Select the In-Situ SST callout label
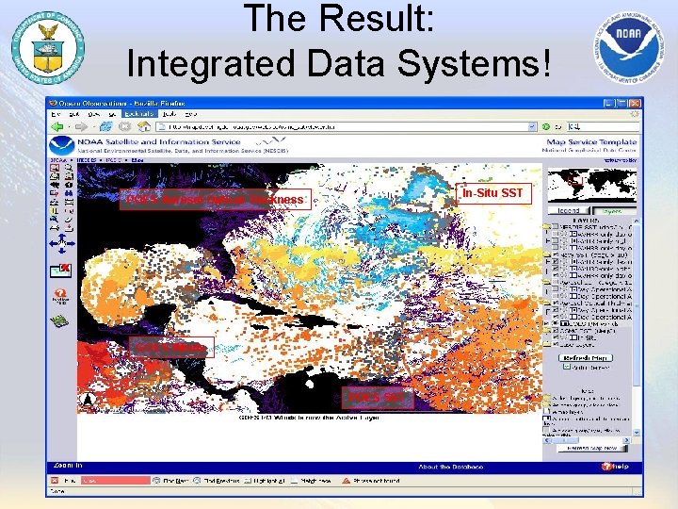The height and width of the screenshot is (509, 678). click(x=491, y=193)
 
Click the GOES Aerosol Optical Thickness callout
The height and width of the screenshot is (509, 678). click(x=216, y=199)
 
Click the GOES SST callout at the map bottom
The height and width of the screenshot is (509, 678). click(x=375, y=398)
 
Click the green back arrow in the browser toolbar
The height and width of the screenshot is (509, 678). click(x=58, y=126)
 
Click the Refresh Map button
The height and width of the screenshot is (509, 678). click(x=585, y=357)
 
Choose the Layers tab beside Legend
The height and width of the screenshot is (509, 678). click(x=611, y=212)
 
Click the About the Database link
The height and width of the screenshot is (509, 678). click(x=449, y=466)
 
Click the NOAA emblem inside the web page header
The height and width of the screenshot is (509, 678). click(x=62, y=146)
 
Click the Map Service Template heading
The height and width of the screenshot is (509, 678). click(x=580, y=142)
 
